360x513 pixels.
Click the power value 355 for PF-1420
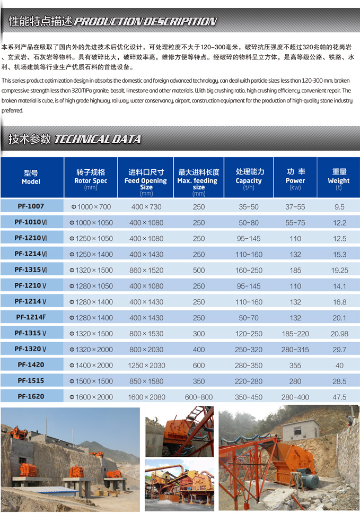295,366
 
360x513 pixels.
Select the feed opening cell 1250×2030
146,366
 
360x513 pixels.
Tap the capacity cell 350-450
249,397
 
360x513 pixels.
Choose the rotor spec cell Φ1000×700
91,207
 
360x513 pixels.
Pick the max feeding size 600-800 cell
199,397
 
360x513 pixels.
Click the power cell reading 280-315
295,350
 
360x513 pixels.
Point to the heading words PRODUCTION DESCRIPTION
145,22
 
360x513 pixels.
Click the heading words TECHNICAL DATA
98,140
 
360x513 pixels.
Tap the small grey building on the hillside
300,430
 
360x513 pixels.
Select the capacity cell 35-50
249,207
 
